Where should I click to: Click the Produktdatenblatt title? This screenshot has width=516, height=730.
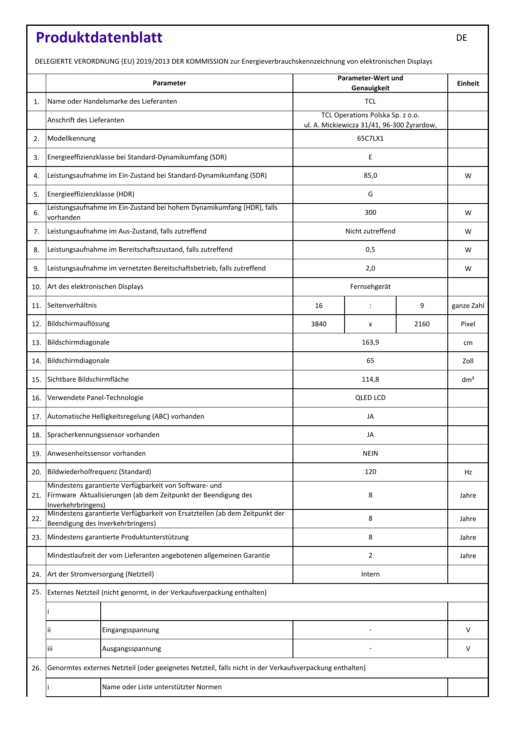pyautogui.click(x=99, y=37)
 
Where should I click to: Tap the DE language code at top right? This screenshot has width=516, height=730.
pyautogui.click(x=461, y=38)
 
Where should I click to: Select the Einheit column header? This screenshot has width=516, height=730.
pyautogui.click(x=468, y=83)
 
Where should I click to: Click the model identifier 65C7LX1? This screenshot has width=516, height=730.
pyautogui.click(x=370, y=139)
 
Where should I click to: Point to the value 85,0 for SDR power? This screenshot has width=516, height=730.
pyautogui.click(x=370, y=176)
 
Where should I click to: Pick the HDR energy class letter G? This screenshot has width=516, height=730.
pyautogui.click(x=370, y=194)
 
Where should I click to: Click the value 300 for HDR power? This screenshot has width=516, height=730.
pyautogui.click(x=370, y=213)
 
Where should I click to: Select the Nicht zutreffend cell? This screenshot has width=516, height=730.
pyautogui.click(x=370, y=231)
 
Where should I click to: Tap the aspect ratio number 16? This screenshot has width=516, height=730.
pyautogui.click(x=319, y=306)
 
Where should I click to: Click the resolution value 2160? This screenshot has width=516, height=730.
pyautogui.click(x=422, y=324)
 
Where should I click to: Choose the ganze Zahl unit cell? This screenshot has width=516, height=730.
pyautogui.click(x=468, y=306)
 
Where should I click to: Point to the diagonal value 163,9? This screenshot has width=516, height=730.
pyautogui.click(x=370, y=343)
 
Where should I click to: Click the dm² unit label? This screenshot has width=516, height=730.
pyautogui.click(x=468, y=380)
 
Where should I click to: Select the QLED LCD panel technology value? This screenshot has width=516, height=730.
pyautogui.click(x=370, y=398)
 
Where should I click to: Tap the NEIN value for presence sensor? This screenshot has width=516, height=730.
pyautogui.click(x=370, y=454)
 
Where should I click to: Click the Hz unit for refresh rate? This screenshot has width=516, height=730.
pyautogui.click(x=468, y=472)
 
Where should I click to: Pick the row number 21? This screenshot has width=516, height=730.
pyautogui.click(x=36, y=496)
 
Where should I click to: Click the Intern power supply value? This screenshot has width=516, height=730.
pyautogui.click(x=370, y=574)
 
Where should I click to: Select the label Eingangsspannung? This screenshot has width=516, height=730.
pyautogui.click(x=131, y=630)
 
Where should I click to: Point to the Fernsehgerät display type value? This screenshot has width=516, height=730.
pyautogui.click(x=370, y=287)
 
